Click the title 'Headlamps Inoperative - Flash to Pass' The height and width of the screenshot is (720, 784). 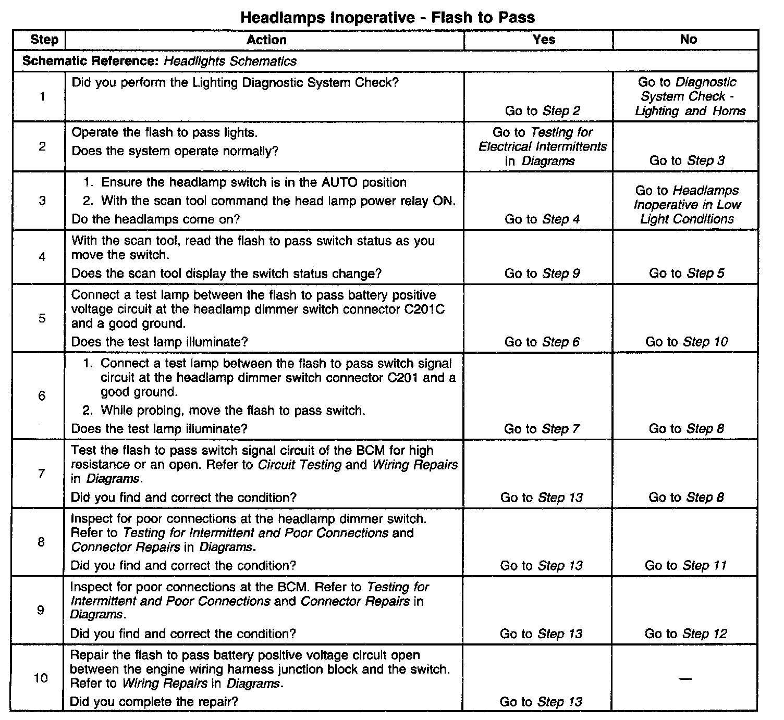tap(387, 17)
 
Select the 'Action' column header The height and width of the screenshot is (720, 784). tap(266, 40)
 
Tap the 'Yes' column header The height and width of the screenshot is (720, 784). tap(544, 40)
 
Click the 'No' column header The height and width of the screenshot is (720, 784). tap(688, 39)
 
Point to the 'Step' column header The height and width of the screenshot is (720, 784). tap(44, 40)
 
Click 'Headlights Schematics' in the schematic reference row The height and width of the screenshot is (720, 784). tap(230, 61)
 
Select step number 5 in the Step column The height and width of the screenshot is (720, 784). tap(42, 318)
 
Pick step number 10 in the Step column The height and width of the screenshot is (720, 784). tap(41, 678)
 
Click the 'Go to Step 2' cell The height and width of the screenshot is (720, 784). tap(542, 110)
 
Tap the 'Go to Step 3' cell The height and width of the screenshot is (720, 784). tap(687, 160)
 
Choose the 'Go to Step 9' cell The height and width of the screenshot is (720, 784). tap(542, 273)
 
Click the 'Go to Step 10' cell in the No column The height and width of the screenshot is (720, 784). tap(687, 342)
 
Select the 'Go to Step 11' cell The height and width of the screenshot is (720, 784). tap(685, 565)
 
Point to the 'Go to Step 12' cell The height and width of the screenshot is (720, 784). tap(685, 634)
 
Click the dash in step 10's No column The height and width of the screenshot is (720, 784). tap(685, 678)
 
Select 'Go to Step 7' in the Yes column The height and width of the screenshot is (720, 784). tap(542, 429)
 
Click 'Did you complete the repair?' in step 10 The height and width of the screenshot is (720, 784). tap(154, 701)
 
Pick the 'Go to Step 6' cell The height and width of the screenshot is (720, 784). tap(542, 342)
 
